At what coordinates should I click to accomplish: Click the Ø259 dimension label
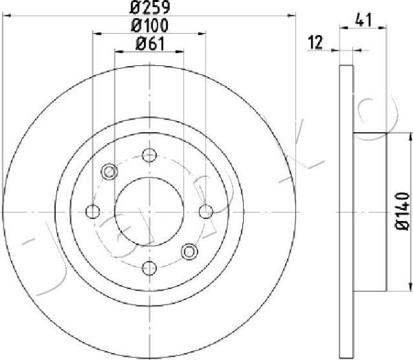pos(150,7)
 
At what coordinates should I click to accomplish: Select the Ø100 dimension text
pos(149,25)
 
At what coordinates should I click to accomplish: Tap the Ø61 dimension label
pos(150,44)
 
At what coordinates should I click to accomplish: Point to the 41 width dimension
pos(363,20)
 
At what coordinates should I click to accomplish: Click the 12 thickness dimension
pos(315,42)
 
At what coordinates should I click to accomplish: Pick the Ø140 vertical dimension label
pos(402,211)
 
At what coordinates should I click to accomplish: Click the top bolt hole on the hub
pos(149,156)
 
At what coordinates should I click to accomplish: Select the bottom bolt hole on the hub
pos(149,268)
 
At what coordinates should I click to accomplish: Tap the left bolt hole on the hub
pos(93,211)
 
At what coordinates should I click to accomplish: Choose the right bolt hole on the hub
pos(206,211)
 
